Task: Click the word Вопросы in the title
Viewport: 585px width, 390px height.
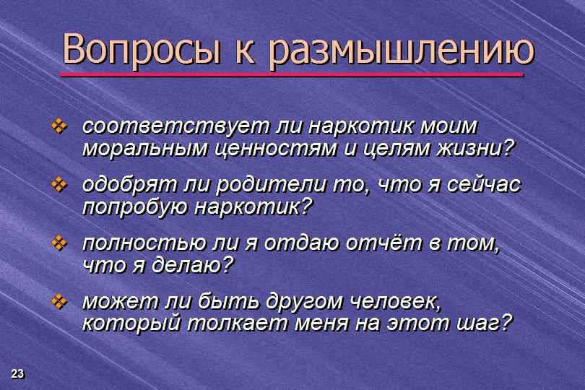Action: pyautogui.click(x=142, y=50)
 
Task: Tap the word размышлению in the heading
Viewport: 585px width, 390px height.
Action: pyautogui.click(x=402, y=51)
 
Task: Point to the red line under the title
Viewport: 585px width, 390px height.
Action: pyautogui.click(x=292, y=74)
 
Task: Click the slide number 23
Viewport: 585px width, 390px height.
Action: pyautogui.click(x=17, y=373)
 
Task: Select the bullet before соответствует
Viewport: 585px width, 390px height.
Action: pyautogui.click(x=59, y=126)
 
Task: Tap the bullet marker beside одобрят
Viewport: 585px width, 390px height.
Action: pyautogui.click(x=59, y=185)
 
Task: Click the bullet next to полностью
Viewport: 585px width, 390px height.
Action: pyautogui.click(x=59, y=243)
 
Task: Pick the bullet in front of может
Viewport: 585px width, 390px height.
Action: pyautogui.click(x=59, y=302)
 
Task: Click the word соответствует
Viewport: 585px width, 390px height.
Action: pyautogui.click(x=175, y=126)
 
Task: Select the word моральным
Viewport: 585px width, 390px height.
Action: pyautogui.click(x=144, y=149)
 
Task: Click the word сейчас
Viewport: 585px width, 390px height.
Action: pyautogui.click(x=484, y=185)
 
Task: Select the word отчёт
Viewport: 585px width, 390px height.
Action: pyautogui.click(x=383, y=243)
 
